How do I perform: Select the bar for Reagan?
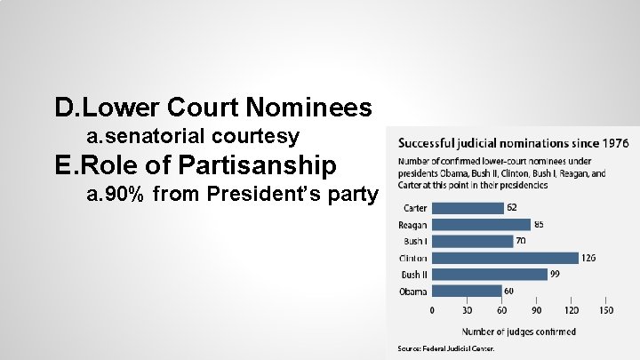point(481,225)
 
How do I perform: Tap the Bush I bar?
point(472,241)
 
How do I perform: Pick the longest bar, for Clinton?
point(505,258)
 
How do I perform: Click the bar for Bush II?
point(489,275)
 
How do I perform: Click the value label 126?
point(588,258)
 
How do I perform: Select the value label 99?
point(555,275)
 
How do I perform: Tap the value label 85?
point(539,225)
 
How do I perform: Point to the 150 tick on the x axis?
point(605,311)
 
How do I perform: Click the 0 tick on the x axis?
point(432,311)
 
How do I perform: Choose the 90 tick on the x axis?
point(536,311)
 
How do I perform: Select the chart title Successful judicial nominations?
point(513,142)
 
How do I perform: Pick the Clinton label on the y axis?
point(414,258)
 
